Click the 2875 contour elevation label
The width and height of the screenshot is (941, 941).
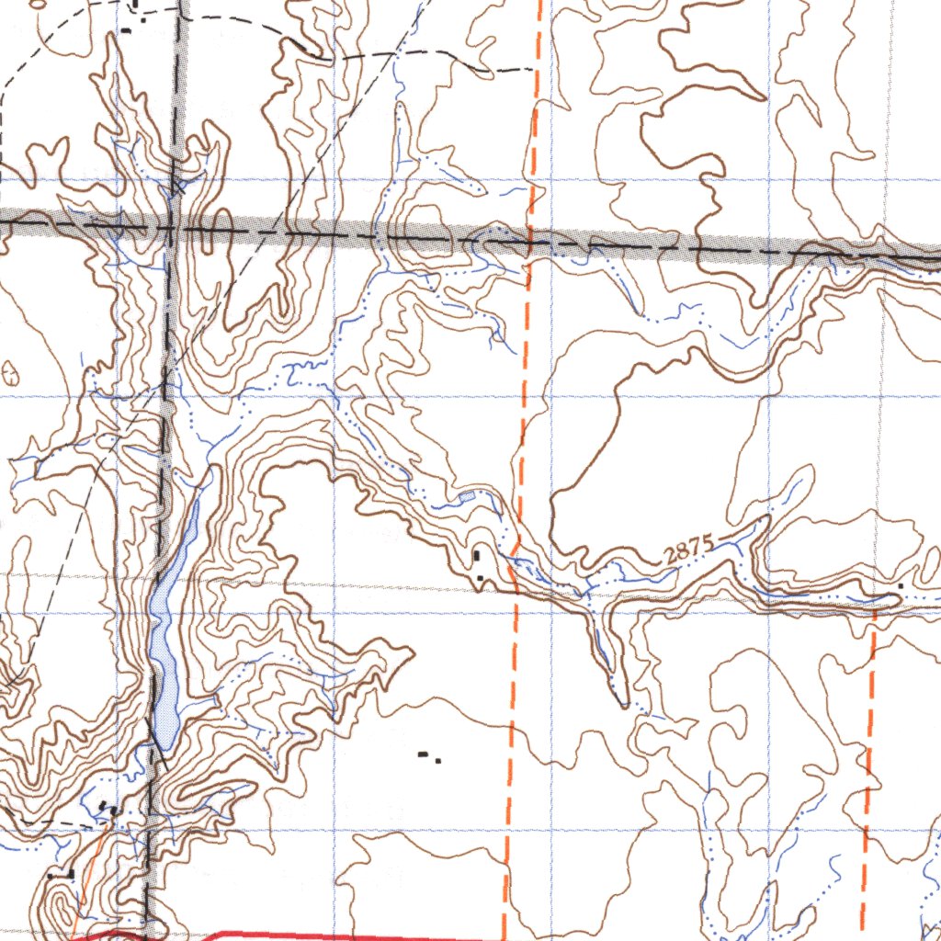click(x=689, y=550)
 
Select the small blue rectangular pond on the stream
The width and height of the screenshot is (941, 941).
click(x=467, y=496)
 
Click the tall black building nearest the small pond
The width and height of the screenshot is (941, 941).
click(x=477, y=555)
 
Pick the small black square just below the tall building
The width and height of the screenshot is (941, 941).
click(x=480, y=577)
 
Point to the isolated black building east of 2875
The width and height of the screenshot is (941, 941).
click(x=901, y=585)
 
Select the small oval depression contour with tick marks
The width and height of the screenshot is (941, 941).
click(x=11, y=373)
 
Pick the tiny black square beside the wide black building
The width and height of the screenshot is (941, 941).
click(x=438, y=760)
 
